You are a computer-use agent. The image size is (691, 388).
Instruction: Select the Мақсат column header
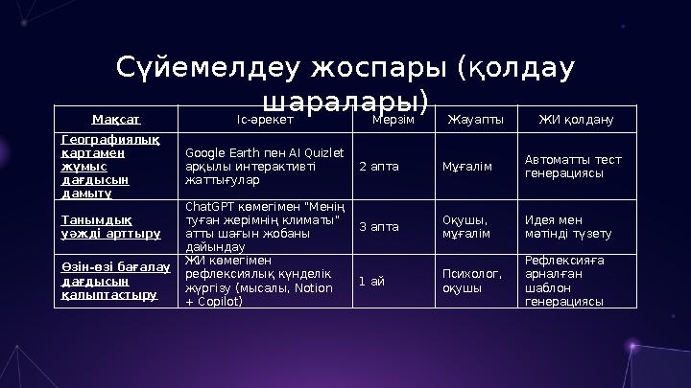tap(116, 120)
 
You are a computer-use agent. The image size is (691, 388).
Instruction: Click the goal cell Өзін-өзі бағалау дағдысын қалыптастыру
tap(115, 281)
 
